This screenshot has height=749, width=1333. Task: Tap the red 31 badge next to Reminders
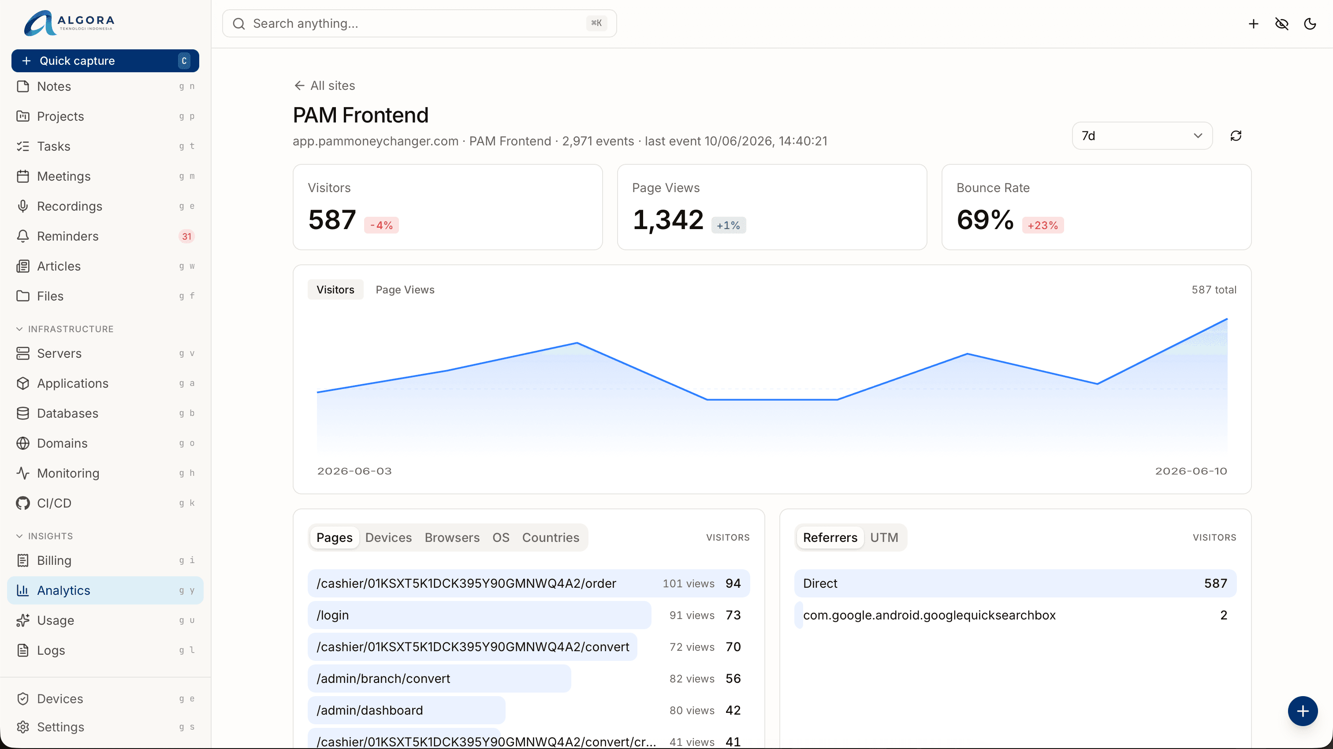pos(186,237)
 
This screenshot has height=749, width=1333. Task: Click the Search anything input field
pos(419,23)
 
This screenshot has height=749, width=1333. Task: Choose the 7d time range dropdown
pos(1142,136)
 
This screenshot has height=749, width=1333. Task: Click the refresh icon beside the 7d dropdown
pos(1236,136)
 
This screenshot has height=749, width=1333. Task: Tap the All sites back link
pos(324,85)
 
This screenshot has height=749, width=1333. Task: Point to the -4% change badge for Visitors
pos(381,225)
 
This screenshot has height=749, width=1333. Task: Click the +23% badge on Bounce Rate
pos(1043,225)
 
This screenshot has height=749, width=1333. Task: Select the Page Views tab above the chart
pos(405,289)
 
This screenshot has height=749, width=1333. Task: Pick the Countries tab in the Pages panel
pos(551,538)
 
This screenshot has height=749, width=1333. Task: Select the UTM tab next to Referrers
pos(884,538)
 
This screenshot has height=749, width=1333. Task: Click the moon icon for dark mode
pos(1310,24)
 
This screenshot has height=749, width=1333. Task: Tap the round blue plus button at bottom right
pos(1303,711)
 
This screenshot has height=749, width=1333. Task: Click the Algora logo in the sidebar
pos(69,23)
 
